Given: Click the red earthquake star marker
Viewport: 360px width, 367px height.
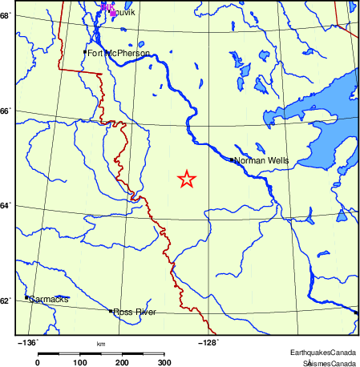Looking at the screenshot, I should tap(186, 179).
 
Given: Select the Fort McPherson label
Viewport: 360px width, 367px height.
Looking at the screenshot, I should tap(119, 54).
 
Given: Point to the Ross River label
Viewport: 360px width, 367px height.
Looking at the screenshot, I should tap(135, 312).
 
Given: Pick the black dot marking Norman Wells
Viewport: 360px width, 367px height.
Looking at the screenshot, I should tap(232, 159).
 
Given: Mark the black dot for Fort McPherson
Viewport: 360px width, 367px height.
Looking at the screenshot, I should tap(85, 52).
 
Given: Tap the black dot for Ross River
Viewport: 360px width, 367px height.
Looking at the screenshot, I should tap(111, 311).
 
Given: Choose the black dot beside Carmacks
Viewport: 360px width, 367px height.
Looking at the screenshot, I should tap(26, 297).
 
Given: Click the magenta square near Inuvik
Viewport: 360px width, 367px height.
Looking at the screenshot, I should tap(111, 11).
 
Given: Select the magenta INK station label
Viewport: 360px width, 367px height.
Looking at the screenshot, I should tap(106, 6).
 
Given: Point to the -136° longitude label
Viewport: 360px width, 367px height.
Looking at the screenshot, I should tap(27, 342).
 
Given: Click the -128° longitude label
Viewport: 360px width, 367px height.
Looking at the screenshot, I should tap(208, 342).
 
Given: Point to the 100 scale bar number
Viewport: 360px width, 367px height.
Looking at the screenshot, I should tap(80, 362).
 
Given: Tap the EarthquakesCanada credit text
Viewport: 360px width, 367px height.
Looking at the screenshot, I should tap(323, 353).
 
